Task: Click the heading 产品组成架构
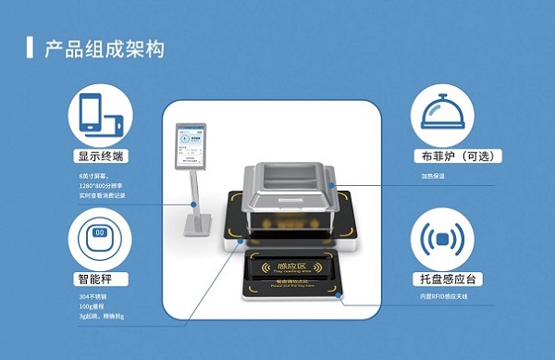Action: tap(105, 49)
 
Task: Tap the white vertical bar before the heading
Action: tap(31, 48)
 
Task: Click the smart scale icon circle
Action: tap(102, 239)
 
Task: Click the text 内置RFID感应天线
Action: tap(438, 297)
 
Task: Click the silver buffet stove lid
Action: tap(287, 184)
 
